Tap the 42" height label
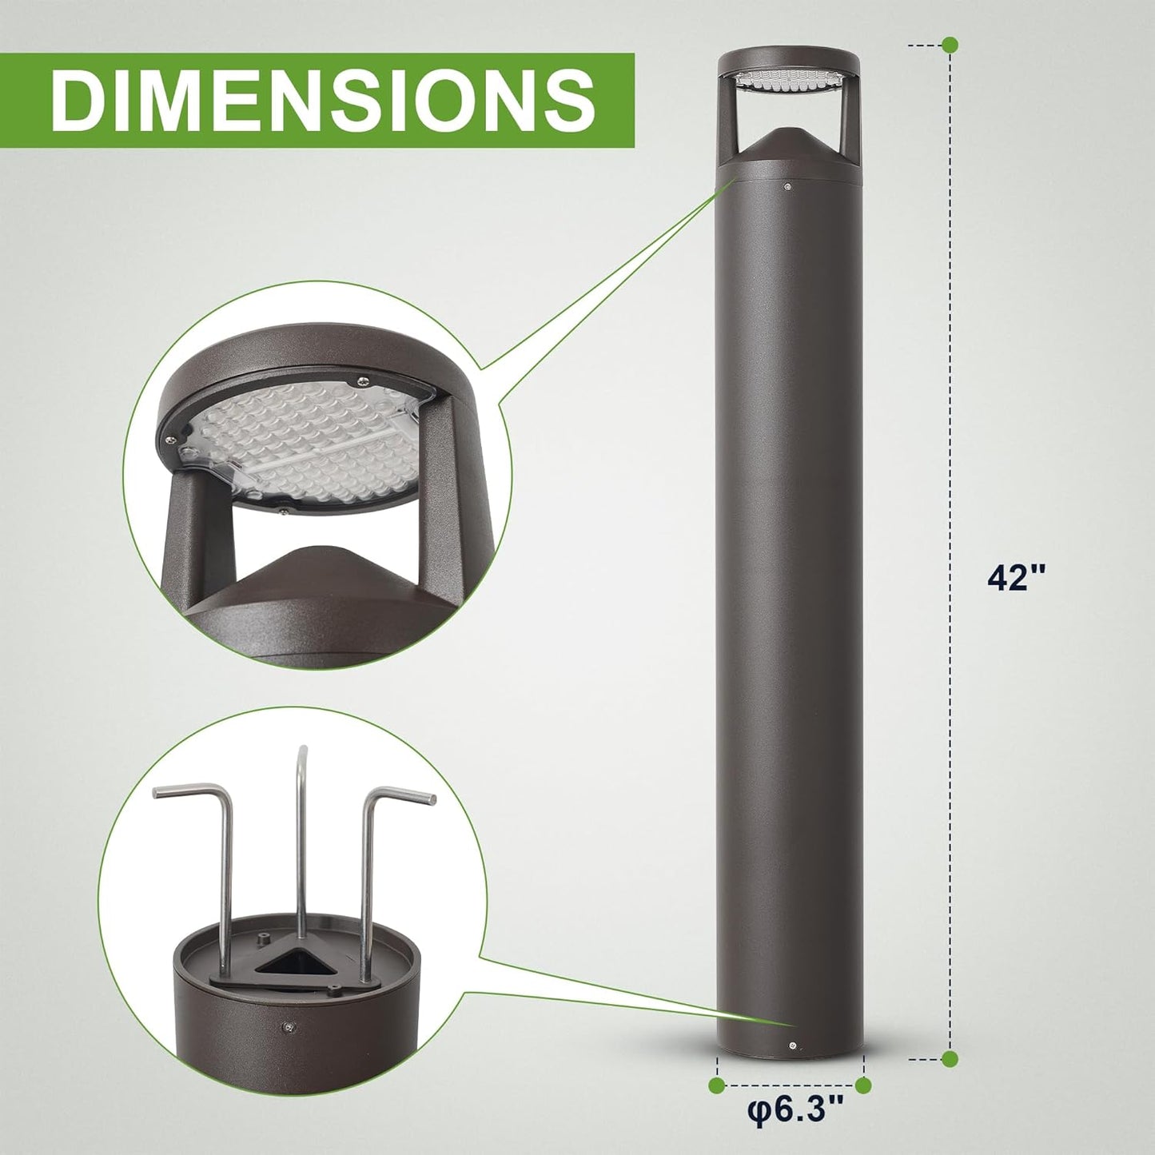1017,577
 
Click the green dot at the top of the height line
950,45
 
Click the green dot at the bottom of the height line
950,1059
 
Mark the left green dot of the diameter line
717,1085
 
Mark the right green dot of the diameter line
863,1085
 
